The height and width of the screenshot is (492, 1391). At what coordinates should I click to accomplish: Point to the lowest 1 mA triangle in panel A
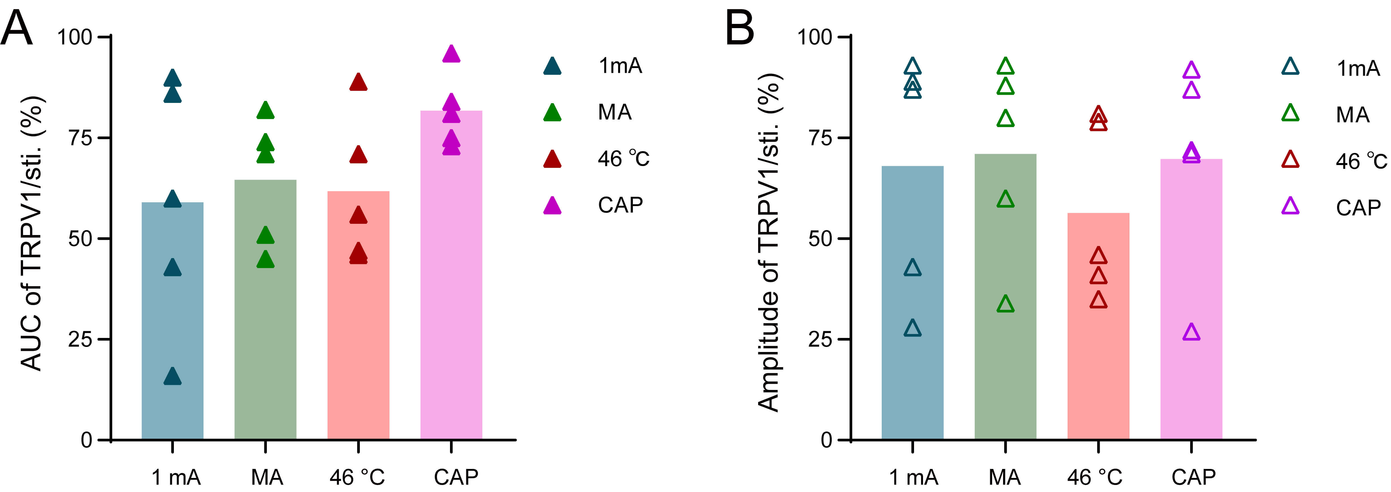tap(172, 376)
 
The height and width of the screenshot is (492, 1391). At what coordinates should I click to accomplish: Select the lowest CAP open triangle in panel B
tap(1191, 332)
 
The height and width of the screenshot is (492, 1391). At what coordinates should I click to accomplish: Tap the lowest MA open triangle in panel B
tap(1005, 304)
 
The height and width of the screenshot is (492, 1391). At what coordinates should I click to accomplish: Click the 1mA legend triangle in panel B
tap(1290, 66)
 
